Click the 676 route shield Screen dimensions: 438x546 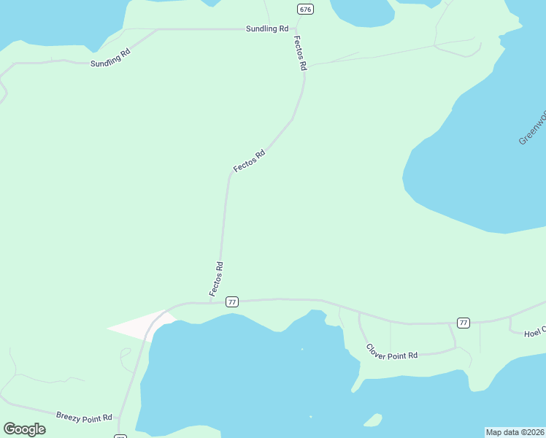(x=305, y=9)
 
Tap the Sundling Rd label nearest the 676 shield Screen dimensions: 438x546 (x=267, y=28)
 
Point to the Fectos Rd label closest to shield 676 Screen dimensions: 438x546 (x=299, y=53)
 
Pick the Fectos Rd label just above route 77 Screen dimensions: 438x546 (x=215, y=279)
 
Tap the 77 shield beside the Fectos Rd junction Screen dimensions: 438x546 (x=232, y=301)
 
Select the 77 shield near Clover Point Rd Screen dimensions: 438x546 (x=463, y=322)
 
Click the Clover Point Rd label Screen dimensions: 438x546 (x=392, y=351)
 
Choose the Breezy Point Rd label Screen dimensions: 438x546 (x=84, y=416)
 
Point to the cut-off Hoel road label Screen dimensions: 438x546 (x=534, y=333)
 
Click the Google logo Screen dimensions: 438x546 (x=24, y=429)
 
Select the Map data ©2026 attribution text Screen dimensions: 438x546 (x=515, y=432)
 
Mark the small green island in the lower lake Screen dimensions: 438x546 (x=373, y=420)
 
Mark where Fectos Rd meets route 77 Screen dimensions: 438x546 (x=211, y=302)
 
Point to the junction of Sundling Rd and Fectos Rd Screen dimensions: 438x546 (x=291, y=29)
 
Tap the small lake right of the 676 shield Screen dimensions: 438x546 (x=361, y=12)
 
